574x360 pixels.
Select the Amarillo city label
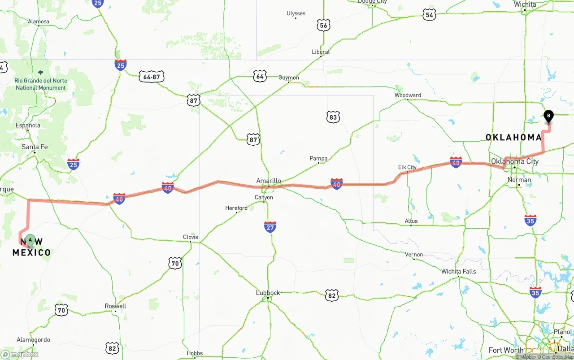coord(269,181)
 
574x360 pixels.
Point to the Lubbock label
coord(268,293)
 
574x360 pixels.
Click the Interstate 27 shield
coord(270,227)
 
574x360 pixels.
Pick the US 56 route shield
coord(324,25)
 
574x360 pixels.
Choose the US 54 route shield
coord(430,14)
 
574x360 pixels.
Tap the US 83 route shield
coord(333,117)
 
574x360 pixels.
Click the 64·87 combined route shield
coord(151,77)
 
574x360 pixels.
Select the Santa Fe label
coord(35,147)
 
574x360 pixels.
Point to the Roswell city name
coord(115,306)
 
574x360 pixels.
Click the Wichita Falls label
coord(458,271)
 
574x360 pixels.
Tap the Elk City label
coord(407,167)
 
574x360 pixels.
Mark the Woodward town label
coord(408,95)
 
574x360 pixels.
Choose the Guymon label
coord(288,78)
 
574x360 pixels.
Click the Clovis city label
coord(190,237)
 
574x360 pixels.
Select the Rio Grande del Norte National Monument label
coord(41,84)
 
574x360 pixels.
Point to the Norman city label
coord(519,180)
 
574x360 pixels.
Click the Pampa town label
coord(318,158)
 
